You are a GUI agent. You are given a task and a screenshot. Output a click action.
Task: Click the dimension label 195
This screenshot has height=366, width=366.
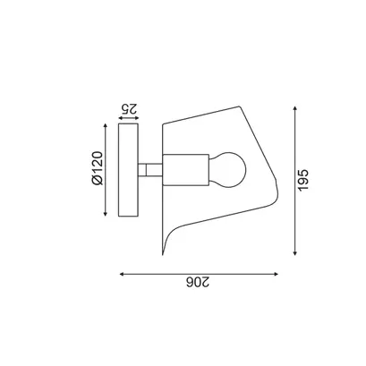click(x=302, y=180)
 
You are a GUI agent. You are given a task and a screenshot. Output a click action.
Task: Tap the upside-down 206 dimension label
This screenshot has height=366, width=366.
click(x=198, y=282)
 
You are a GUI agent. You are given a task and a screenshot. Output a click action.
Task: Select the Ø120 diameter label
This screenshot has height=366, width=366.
click(x=98, y=168)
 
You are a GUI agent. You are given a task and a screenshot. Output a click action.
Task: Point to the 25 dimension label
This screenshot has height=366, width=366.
click(x=129, y=108)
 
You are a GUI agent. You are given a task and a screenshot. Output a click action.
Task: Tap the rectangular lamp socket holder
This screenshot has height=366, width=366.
click(x=185, y=170)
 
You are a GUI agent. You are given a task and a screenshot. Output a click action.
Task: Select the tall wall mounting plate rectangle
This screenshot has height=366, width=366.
click(x=128, y=170)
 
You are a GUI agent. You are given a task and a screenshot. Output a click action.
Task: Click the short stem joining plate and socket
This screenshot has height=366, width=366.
click(x=150, y=170)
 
